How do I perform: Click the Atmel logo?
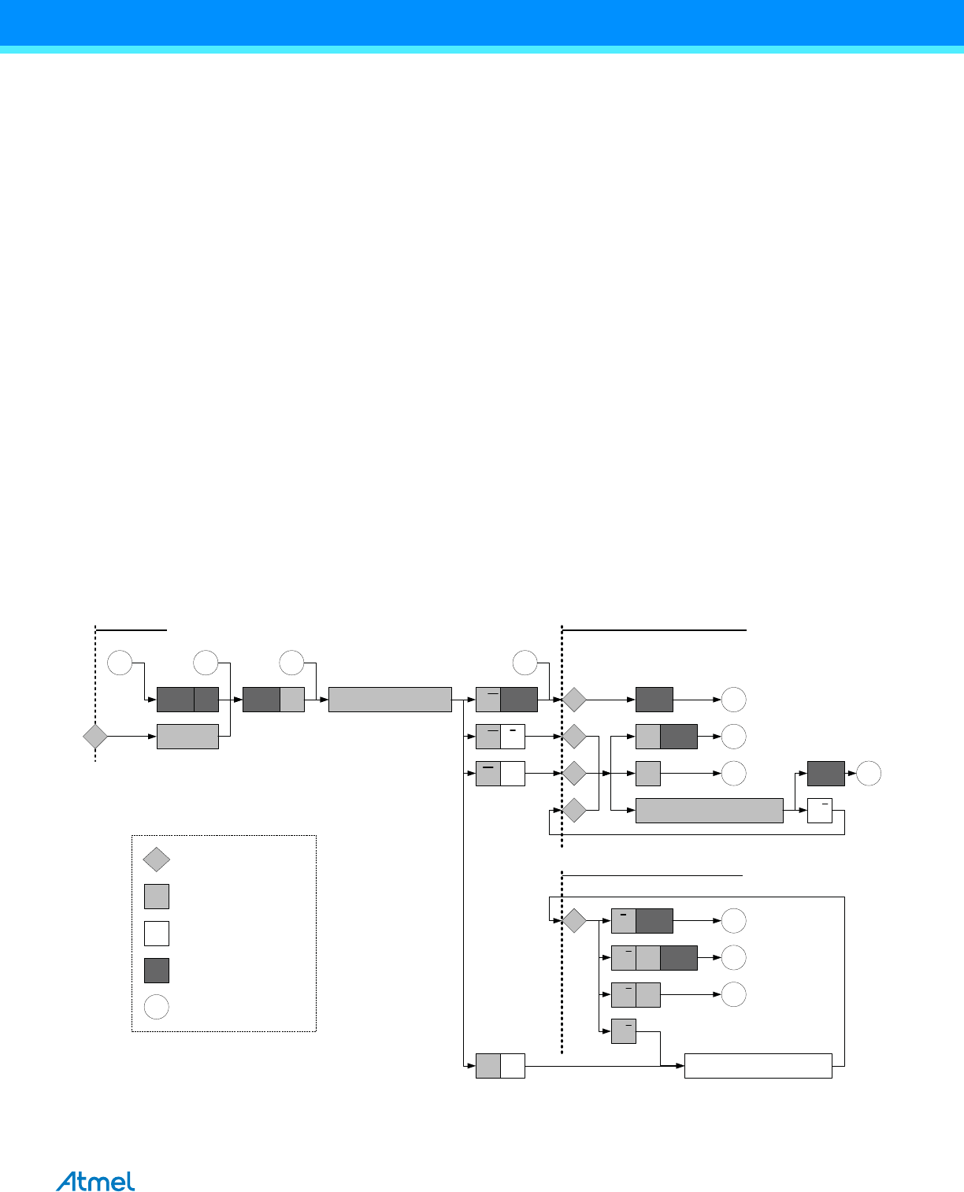click(95, 1182)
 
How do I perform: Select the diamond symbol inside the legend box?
click(157, 860)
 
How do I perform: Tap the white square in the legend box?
click(157, 933)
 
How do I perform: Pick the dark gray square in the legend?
click(157, 970)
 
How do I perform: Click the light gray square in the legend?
click(157, 897)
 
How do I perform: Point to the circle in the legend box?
click(157, 1007)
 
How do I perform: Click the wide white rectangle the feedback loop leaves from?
click(758, 1066)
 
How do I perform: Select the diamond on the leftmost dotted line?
click(95, 737)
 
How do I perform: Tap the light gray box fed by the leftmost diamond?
click(187, 737)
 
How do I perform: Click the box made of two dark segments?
click(187, 700)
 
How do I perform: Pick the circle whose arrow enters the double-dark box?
click(120, 663)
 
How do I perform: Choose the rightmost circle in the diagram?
click(869, 774)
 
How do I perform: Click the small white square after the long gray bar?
click(820, 811)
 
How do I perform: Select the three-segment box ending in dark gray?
click(654, 957)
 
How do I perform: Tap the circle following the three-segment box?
click(733, 957)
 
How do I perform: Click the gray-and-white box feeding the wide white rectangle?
click(500, 1066)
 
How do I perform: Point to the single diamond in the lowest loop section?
click(574, 920)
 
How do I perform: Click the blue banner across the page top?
click(482, 24)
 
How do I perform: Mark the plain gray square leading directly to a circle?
click(647, 774)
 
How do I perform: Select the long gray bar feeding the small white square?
click(709, 811)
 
